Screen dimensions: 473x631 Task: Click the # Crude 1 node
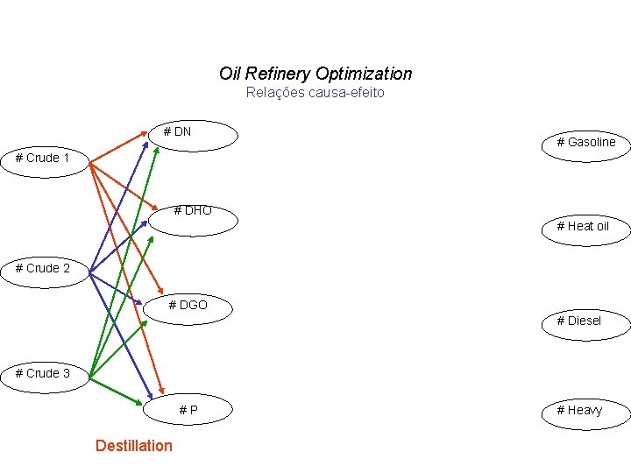click(43, 159)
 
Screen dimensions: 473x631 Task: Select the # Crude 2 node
click(43, 269)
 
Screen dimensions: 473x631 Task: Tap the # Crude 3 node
click(43, 374)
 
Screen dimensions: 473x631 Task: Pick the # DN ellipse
click(193, 136)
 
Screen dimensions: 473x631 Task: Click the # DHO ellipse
click(193, 219)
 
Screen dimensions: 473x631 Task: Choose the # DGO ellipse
click(189, 308)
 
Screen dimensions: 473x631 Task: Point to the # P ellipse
click(189, 410)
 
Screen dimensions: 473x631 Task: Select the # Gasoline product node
click(585, 142)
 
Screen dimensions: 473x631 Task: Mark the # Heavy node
click(585, 411)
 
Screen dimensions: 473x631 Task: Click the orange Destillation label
click(134, 446)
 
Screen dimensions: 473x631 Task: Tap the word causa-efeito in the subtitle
click(348, 92)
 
